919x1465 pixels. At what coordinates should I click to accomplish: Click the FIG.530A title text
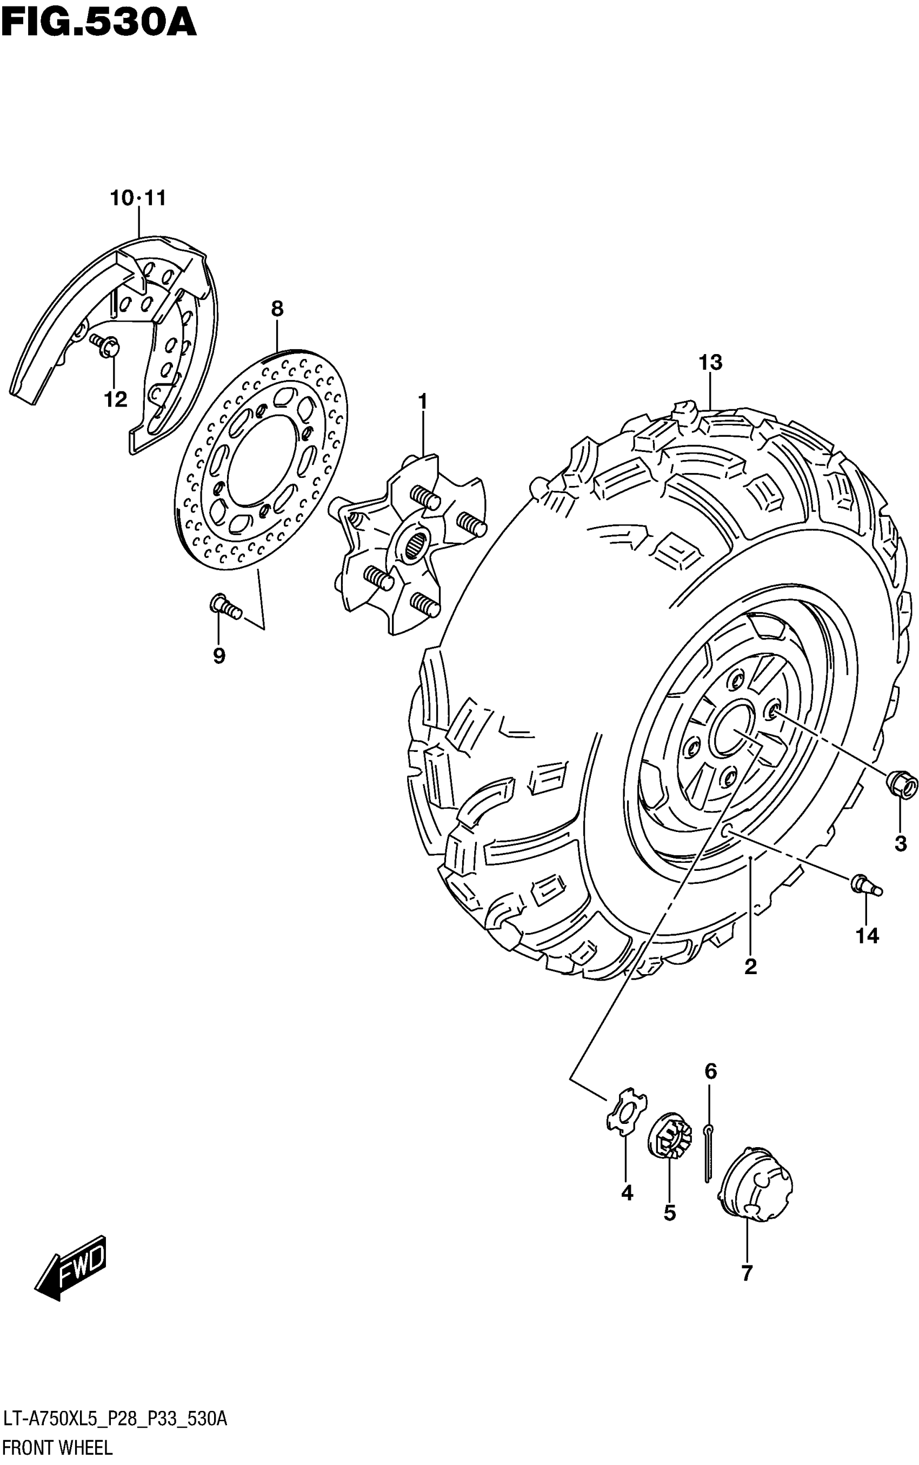click(99, 24)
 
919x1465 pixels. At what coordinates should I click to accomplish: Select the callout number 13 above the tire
click(710, 363)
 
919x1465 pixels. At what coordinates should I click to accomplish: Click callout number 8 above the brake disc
click(277, 309)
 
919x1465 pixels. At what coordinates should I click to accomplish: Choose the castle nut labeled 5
click(669, 1135)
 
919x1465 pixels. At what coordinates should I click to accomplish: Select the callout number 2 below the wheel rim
click(751, 966)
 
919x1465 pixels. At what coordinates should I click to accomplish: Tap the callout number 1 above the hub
click(422, 402)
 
